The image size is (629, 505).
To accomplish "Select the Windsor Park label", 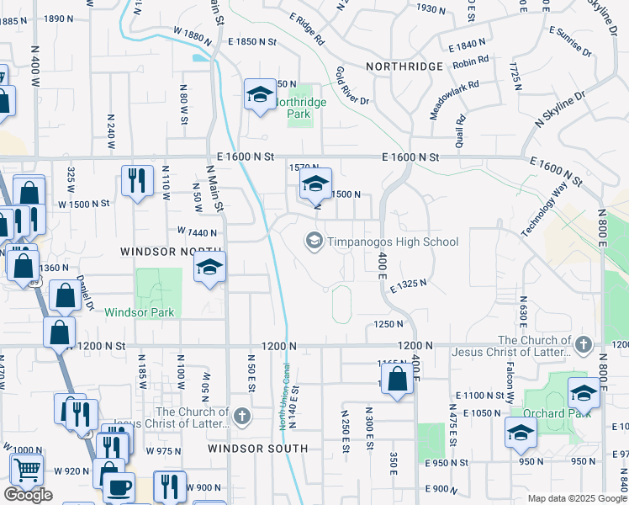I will (140, 312).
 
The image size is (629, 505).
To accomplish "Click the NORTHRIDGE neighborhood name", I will (404, 66).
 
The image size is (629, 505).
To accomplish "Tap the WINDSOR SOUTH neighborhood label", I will (258, 449).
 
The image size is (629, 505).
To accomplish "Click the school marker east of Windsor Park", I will (209, 268).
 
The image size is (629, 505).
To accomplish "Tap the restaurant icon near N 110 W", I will (137, 180).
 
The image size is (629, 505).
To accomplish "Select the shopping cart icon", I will (27, 468).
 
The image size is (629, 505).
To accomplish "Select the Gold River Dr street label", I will (352, 86).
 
